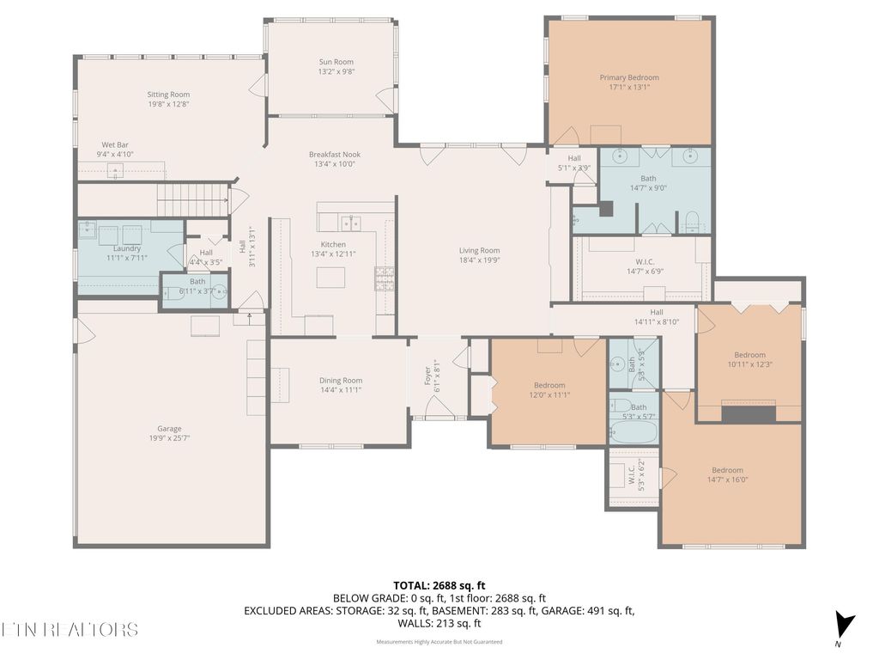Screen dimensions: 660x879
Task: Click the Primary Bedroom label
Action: (x=629, y=77)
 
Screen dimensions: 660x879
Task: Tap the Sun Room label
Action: (x=336, y=62)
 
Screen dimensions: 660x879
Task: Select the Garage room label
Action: (x=169, y=429)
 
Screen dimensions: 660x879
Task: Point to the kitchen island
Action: (x=331, y=277)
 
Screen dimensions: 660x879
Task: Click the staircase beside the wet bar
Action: (x=193, y=199)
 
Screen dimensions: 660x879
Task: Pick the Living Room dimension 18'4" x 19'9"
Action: (x=479, y=260)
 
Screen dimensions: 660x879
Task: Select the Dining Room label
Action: (x=341, y=381)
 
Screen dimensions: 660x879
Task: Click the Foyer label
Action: (x=428, y=376)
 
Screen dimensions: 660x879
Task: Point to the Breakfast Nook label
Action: (x=335, y=155)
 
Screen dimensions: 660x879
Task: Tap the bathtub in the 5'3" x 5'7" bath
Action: (x=633, y=430)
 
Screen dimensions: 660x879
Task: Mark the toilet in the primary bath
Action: (x=691, y=222)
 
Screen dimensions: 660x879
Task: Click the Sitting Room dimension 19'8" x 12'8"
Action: (x=168, y=104)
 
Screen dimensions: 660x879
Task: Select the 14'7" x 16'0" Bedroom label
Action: (x=727, y=470)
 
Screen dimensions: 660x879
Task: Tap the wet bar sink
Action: (x=115, y=169)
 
